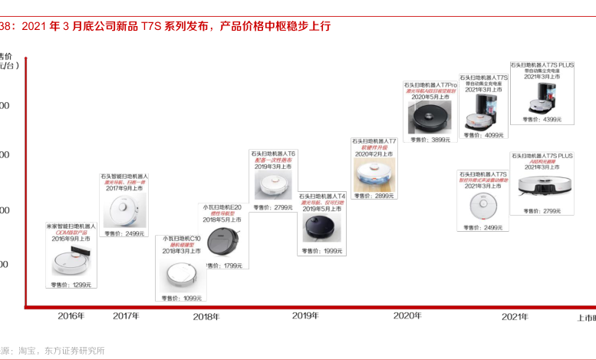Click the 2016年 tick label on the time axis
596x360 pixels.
(x=71, y=315)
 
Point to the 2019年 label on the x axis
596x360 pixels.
(x=305, y=315)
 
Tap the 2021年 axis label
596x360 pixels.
(x=515, y=315)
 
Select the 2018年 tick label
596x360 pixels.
(x=206, y=316)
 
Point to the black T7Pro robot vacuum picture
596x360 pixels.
(x=432, y=117)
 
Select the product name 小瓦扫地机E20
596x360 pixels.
(x=222, y=207)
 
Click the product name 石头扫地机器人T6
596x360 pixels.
(x=274, y=154)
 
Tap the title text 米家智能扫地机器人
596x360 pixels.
(x=71, y=226)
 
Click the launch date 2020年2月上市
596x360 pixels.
(x=374, y=154)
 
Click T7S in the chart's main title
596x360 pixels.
(x=150, y=26)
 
